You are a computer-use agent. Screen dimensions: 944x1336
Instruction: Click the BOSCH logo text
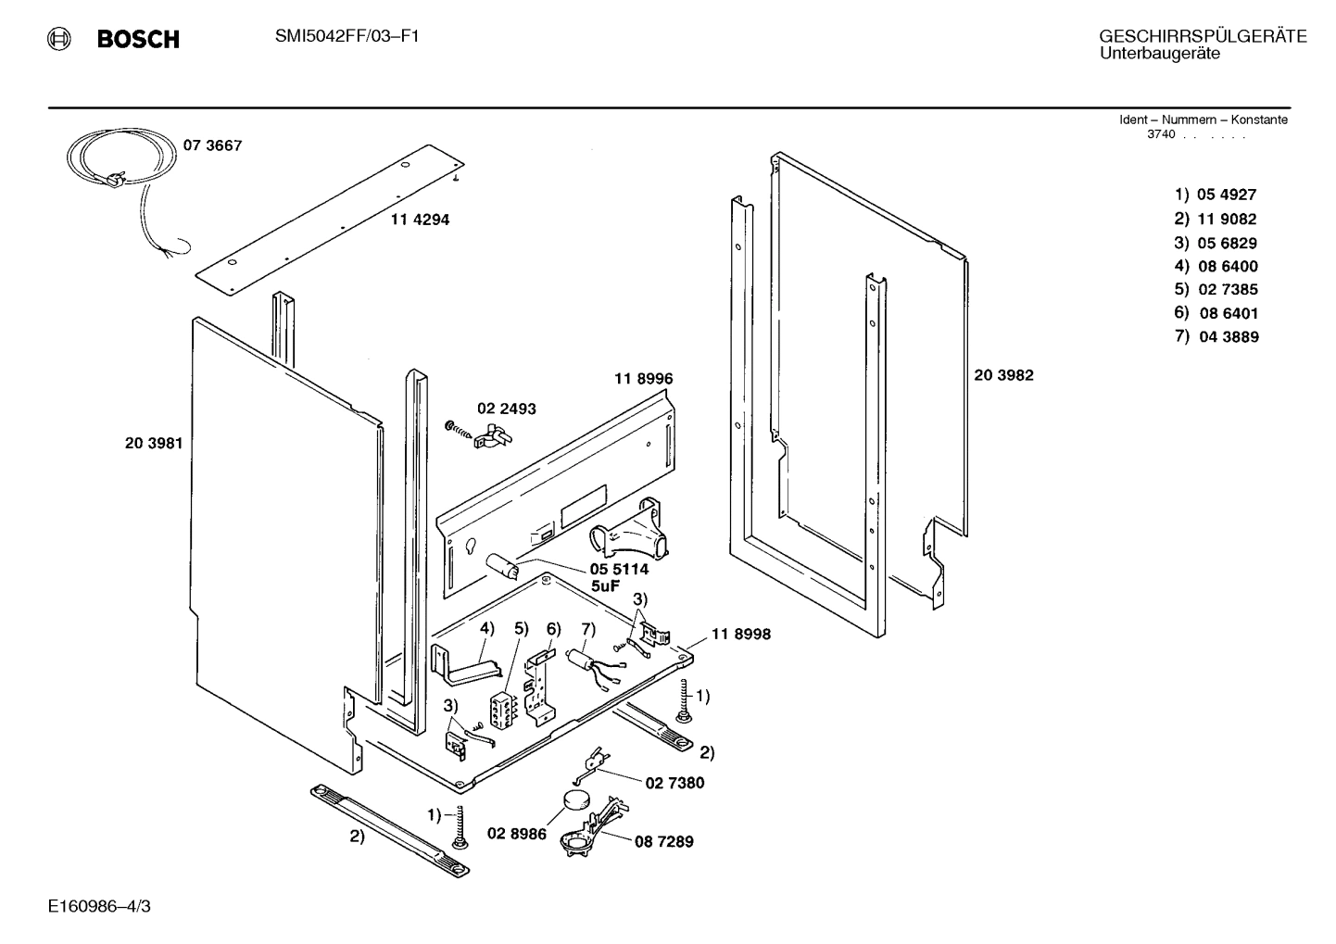[137, 40]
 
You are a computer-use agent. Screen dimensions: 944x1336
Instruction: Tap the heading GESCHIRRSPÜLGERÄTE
[1203, 36]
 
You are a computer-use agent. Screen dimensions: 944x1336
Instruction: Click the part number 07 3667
[212, 145]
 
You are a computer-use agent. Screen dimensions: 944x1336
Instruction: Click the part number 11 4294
[420, 220]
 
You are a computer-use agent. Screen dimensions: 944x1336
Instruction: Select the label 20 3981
[154, 443]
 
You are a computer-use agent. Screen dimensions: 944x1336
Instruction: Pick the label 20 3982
[1003, 375]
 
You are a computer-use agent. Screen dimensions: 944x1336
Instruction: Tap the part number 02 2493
[506, 409]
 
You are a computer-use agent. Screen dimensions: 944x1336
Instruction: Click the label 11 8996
[643, 379]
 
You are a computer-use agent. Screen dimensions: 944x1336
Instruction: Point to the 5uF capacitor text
[606, 585]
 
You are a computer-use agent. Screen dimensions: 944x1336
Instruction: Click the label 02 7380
[674, 783]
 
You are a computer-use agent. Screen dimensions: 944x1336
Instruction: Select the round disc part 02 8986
[576, 801]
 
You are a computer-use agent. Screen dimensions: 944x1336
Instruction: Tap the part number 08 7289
[663, 842]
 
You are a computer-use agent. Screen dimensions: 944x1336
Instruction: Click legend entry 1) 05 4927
[1216, 195]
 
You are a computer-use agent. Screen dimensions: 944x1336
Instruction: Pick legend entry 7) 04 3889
[1216, 337]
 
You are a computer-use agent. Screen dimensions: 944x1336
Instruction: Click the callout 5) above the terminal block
[521, 628]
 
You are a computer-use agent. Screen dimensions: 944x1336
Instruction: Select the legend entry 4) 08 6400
[1216, 266]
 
